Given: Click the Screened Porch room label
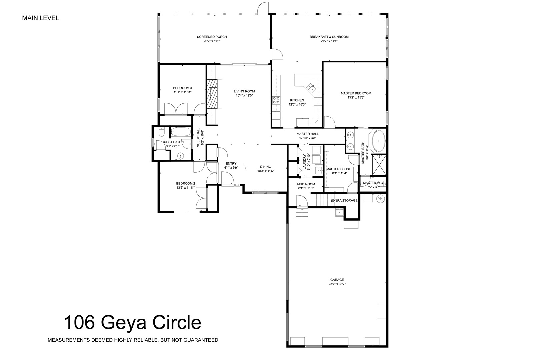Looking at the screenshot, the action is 212,37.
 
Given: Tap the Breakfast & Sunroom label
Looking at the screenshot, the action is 329,37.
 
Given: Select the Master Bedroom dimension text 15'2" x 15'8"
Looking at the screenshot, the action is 356,97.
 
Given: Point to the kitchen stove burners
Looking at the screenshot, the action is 276,100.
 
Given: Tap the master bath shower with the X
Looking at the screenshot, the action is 379,165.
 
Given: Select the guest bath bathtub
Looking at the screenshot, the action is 180,132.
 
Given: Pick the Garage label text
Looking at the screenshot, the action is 337,280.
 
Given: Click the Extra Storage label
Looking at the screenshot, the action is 344,200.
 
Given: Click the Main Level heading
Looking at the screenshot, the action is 41,18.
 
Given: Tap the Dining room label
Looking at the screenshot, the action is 265,167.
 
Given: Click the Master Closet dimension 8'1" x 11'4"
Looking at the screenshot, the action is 339,173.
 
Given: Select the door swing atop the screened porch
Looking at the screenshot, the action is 263,8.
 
